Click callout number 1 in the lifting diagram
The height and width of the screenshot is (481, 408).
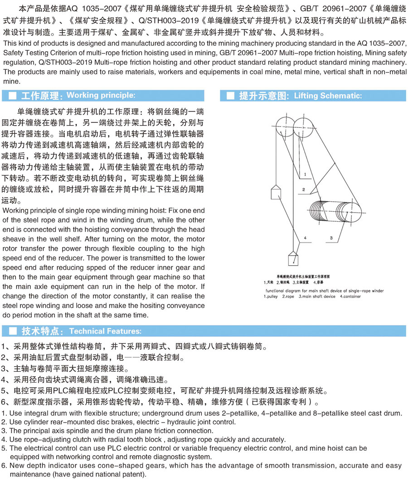(x=306, y=174)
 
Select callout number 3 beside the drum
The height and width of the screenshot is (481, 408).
(x=332, y=238)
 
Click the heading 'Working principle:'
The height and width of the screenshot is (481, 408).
(x=101, y=95)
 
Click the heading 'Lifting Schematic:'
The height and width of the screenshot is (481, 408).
(x=328, y=96)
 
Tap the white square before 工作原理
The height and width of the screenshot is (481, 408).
(x=13, y=96)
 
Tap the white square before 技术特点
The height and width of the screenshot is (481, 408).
(x=13, y=331)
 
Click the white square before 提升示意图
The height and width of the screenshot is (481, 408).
(x=231, y=96)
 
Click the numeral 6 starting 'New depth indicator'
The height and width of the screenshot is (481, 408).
(x=4, y=466)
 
